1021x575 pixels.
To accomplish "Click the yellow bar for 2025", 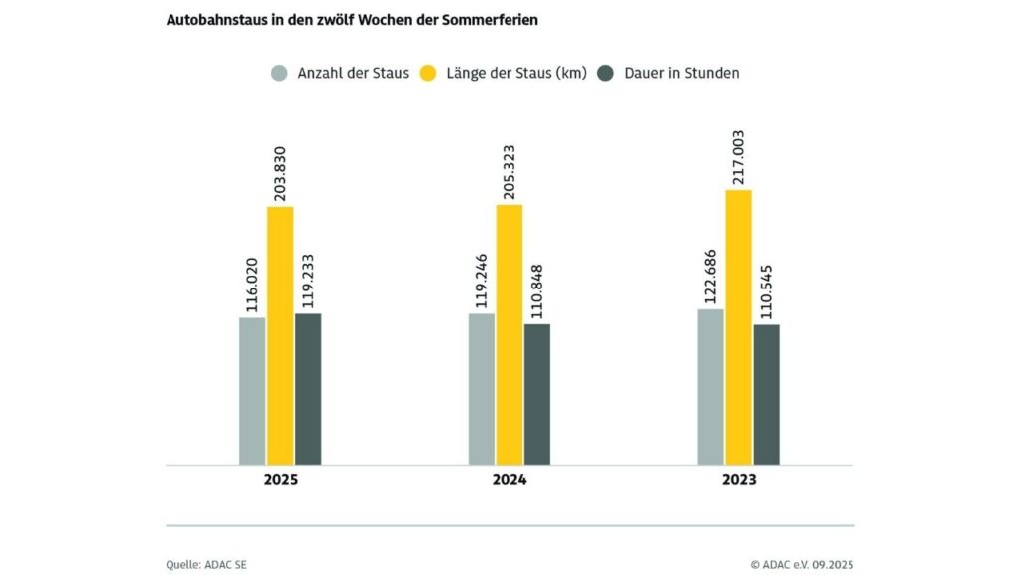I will pos(280,335).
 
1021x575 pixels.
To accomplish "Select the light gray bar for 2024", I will pos(482,389).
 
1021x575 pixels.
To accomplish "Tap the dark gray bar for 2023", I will pos(766,394).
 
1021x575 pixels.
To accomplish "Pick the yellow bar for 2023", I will pos(738,327).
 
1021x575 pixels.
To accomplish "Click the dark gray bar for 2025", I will pos(308,389).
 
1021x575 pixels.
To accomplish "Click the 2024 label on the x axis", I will pos(510,480).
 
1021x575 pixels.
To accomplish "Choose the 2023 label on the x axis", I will pos(739,480).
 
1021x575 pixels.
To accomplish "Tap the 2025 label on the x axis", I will pos(280,480).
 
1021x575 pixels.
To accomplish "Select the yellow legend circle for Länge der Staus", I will pos(429,73).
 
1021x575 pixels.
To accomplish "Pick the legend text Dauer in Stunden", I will pos(681,73).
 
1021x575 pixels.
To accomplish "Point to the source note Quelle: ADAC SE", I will pos(206,565).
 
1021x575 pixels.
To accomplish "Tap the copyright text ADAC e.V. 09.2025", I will pos(809,565).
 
